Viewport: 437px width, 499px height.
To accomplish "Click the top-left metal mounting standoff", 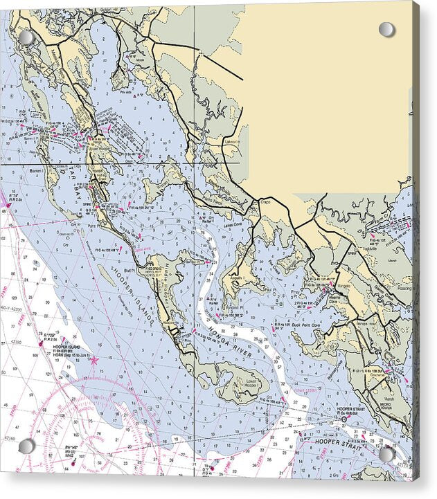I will tap(26, 37).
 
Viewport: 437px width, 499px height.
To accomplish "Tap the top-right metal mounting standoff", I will tap(386, 29).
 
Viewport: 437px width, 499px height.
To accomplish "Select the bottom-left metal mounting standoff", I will tap(26, 446).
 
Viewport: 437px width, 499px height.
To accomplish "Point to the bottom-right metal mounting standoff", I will tap(386, 455).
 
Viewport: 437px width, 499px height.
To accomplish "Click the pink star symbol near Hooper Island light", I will tap(94, 360).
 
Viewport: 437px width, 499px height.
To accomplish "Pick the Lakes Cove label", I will tap(233, 226).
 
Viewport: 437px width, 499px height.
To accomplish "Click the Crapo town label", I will tap(265, 201).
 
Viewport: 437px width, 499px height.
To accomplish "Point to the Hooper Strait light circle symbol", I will tap(344, 419).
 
